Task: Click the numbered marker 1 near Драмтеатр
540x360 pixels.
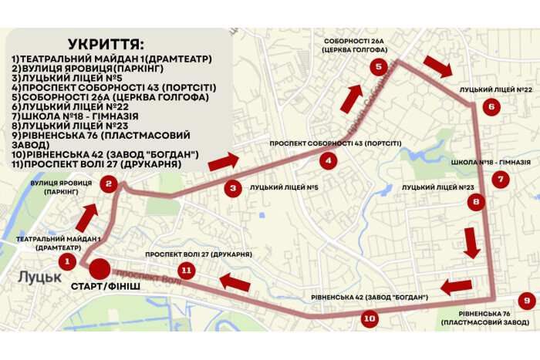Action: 68,262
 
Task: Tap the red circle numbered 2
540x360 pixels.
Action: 110,183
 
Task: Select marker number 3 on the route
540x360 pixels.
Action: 232,187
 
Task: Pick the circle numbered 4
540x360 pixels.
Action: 329,161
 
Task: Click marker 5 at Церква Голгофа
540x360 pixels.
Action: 378,66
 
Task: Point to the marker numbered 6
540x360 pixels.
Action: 491,107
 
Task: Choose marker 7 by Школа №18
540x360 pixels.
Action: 501,180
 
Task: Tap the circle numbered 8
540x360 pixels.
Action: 477,203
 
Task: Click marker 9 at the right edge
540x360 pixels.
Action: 525,301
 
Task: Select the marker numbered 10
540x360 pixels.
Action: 370,318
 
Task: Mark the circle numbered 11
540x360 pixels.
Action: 186,270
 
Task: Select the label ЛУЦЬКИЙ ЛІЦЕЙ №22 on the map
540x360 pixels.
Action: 496,90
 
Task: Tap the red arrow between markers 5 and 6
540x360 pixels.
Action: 437,67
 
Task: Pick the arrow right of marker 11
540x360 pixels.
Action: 236,281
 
